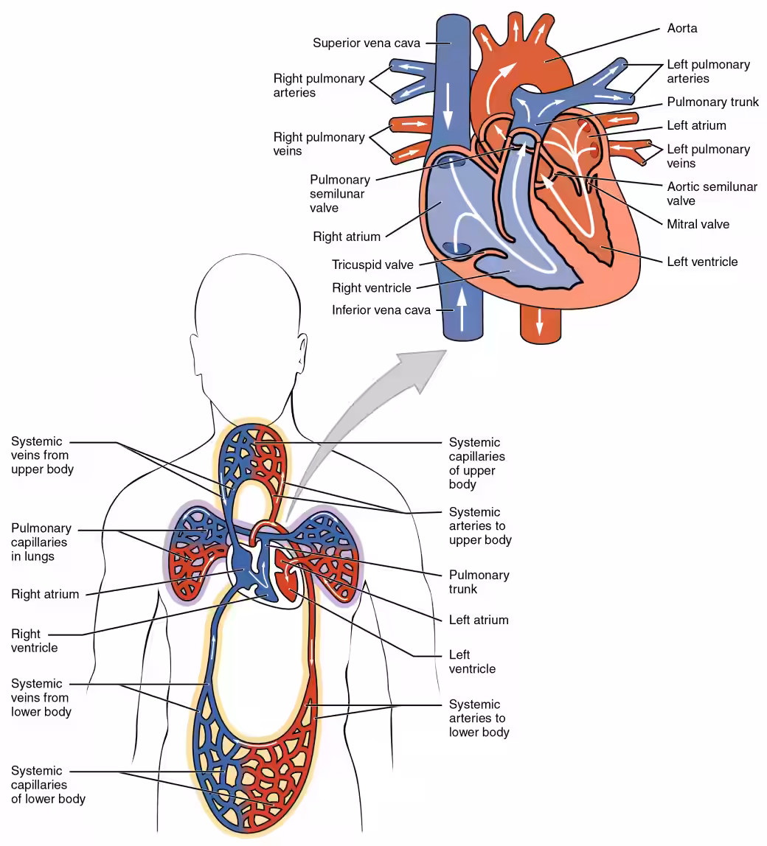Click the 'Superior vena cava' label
click(367, 43)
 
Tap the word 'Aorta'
click(681, 28)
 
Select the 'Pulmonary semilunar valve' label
click(340, 194)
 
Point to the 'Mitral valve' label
click(698, 224)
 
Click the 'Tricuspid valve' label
click(372, 265)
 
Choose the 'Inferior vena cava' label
click(381, 310)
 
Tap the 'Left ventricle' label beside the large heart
click(702, 262)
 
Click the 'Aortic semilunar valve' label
click(712, 194)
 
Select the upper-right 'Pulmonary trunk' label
click(712, 102)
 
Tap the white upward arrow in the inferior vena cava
click(462, 310)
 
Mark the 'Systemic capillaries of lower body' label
click(48, 785)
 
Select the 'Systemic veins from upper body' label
click(42, 455)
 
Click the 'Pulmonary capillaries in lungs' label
click(41, 542)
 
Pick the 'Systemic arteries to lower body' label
click(479, 718)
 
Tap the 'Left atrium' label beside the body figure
click(479, 620)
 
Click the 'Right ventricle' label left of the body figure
click(34, 641)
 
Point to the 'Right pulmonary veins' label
click(319, 144)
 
